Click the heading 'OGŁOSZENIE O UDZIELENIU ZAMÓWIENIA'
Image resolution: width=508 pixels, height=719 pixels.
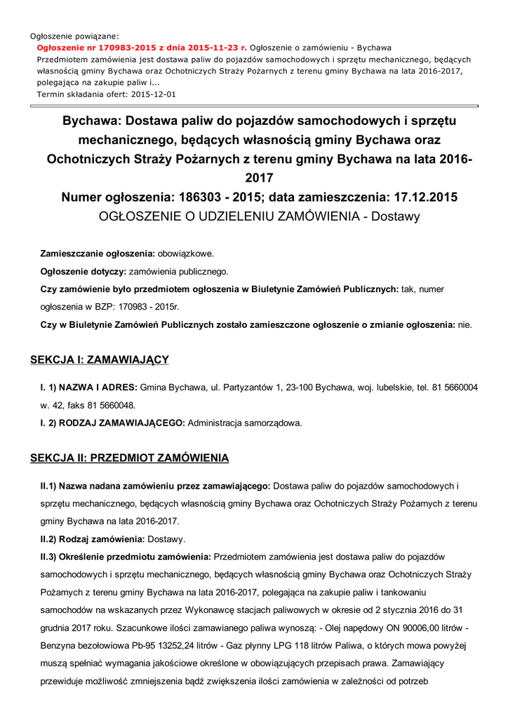click(231, 216)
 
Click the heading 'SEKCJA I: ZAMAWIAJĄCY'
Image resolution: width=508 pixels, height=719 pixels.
click(100, 360)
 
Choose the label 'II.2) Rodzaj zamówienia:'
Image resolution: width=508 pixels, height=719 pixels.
click(91, 539)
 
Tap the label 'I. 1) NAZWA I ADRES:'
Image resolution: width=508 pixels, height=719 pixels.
click(89, 387)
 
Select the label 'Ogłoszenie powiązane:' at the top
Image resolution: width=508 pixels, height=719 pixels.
click(74, 35)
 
